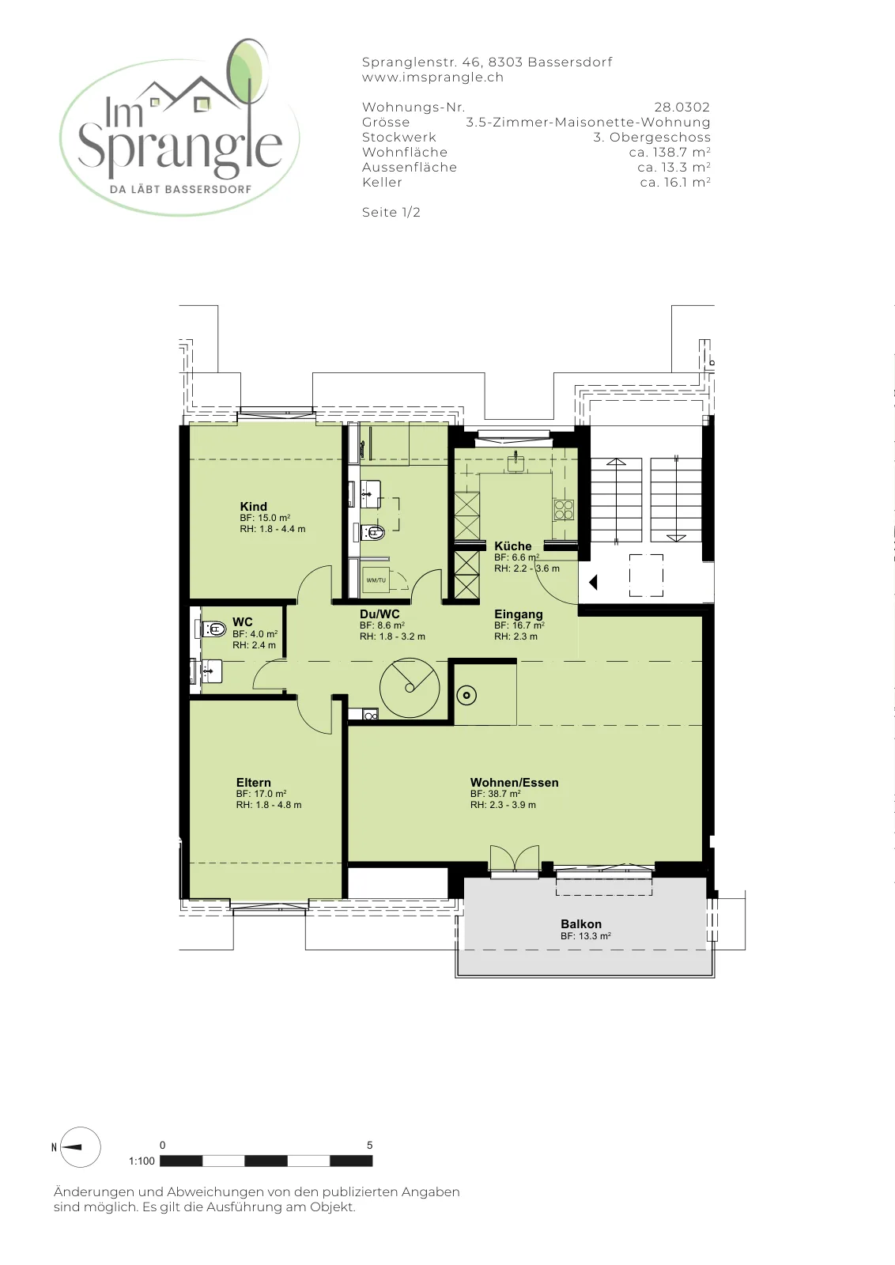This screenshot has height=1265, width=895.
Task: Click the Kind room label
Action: (253, 507)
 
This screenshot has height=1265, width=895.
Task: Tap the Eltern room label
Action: (254, 783)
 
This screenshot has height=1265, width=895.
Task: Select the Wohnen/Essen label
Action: (515, 783)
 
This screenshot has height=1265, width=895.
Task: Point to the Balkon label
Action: (581, 924)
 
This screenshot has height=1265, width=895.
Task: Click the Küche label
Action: (512, 546)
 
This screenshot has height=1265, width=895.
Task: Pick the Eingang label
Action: (519, 614)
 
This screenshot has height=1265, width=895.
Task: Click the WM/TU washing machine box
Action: (376, 580)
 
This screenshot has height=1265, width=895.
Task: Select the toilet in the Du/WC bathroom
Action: (373, 532)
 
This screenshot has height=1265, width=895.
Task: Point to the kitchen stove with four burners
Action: (564, 510)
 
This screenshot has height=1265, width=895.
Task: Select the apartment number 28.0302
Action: (682, 107)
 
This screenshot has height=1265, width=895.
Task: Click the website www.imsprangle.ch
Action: (432, 77)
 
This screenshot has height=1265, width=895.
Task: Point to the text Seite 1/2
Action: (391, 213)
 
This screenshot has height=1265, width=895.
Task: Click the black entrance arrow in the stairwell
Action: (593, 582)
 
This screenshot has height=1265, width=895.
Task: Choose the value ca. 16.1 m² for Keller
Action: (674, 182)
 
